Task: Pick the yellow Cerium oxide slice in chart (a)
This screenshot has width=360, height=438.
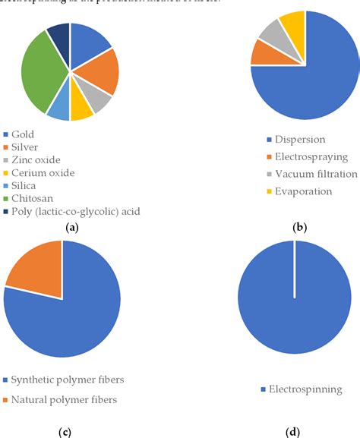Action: click(81, 109)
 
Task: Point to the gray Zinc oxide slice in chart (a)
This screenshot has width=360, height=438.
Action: click(99, 100)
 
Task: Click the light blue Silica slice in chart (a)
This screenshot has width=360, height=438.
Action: click(59, 109)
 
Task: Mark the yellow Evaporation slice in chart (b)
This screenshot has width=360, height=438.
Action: click(293, 27)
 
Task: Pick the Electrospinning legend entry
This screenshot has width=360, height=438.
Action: click(301, 389)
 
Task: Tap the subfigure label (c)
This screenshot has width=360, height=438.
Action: click(65, 431)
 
